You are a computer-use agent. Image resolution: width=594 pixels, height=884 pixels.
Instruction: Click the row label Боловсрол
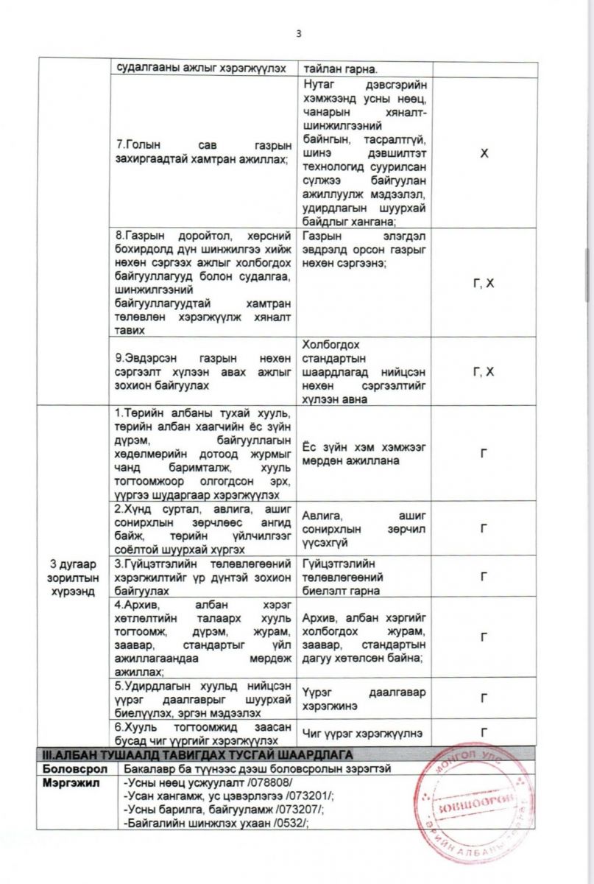tap(69, 768)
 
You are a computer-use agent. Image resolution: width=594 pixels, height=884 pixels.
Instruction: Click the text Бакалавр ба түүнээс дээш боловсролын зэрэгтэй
tap(257, 768)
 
